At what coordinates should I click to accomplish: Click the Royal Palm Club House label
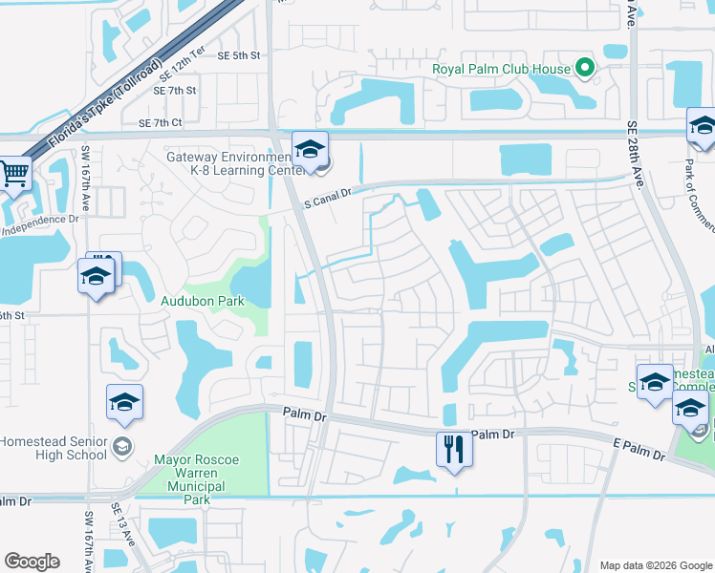(x=501, y=69)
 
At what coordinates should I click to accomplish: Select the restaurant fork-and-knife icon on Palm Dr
(x=453, y=448)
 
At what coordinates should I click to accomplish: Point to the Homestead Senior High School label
(x=54, y=448)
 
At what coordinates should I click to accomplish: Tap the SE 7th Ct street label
(x=160, y=123)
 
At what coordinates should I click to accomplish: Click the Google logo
(x=32, y=562)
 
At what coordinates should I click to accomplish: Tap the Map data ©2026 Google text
(x=655, y=565)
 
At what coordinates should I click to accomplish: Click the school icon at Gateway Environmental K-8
(x=310, y=149)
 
